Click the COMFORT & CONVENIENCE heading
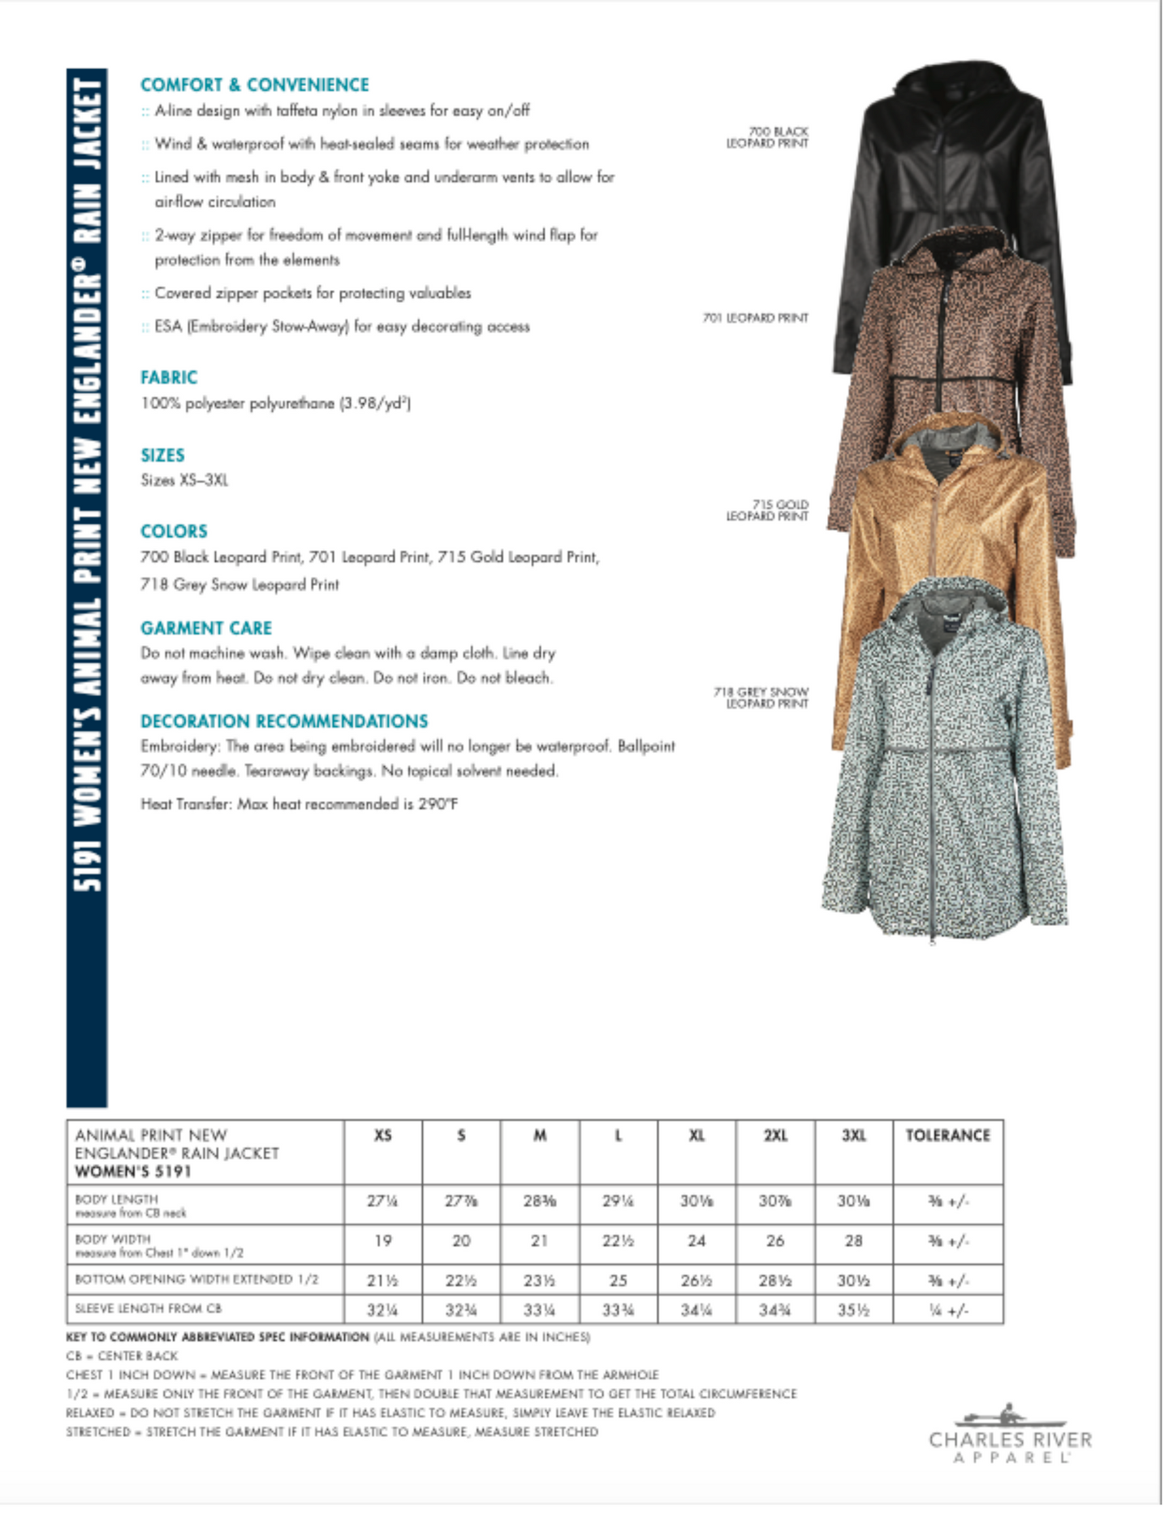point(254,84)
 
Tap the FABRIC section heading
point(169,377)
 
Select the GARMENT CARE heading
point(206,628)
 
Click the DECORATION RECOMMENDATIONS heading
point(284,721)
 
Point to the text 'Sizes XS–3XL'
point(184,480)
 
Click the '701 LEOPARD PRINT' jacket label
point(755,318)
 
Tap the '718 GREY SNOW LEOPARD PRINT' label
point(761,698)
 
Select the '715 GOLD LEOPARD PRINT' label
point(767,510)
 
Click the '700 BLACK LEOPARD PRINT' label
point(767,137)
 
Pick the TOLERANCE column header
point(947,1135)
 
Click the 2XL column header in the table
point(775,1135)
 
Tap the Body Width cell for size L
point(618,1241)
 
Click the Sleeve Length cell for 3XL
point(853,1309)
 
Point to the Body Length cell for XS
point(382,1201)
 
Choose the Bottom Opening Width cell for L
point(618,1280)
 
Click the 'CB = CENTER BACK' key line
point(122,1356)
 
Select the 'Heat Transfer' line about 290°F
point(299,804)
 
